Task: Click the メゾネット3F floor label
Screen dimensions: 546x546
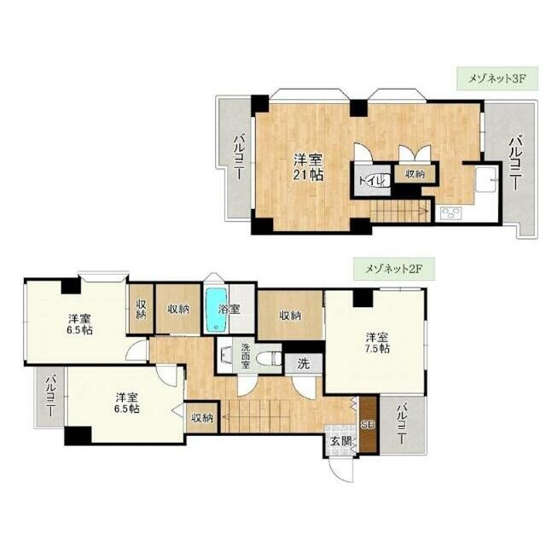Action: coord(497,78)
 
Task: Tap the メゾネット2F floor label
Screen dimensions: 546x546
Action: coord(394,269)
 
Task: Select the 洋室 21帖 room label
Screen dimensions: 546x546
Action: coord(308,167)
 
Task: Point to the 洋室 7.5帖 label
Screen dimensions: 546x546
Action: coord(377,343)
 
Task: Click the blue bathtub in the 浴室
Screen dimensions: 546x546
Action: coord(217,310)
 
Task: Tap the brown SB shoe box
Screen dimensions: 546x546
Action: coord(369,425)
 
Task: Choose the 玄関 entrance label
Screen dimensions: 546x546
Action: coord(341,441)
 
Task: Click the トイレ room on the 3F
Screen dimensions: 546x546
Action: coord(372,180)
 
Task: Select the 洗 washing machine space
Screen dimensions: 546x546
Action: coord(304,364)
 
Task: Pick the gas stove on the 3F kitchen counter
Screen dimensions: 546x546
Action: coord(451,213)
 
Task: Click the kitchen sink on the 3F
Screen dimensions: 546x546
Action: coord(485,179)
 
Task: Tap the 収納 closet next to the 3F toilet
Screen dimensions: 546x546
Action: coord(415,173)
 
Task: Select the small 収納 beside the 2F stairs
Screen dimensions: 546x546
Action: coord(202,418)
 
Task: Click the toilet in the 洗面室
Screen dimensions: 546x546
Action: coord(268,358)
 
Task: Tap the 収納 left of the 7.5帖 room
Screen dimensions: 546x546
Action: coord(290,316)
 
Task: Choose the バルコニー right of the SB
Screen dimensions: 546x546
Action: coord(403,425)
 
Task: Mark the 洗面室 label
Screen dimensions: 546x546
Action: coord(246,357)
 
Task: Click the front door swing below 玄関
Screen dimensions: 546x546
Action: coord(341,469)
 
